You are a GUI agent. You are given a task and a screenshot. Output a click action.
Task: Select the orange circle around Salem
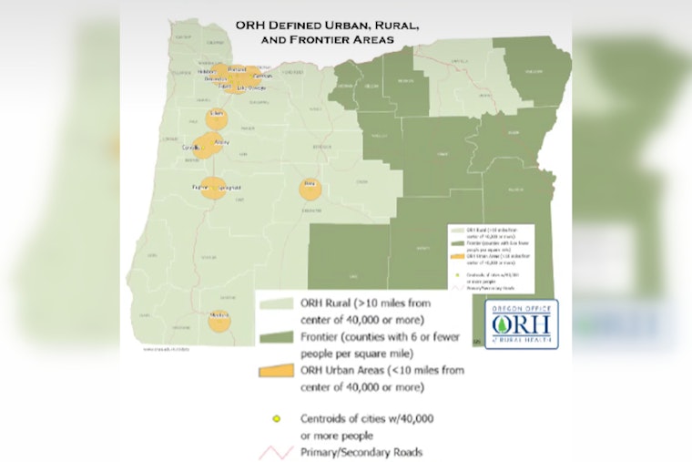point(216,118)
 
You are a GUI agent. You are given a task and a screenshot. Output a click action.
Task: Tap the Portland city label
point(235,69)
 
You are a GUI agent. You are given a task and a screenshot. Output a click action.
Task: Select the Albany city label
point(221,143)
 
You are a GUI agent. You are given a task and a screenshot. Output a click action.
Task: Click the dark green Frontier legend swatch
point(277,339)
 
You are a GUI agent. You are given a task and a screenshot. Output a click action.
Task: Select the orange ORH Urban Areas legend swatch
point(277,371)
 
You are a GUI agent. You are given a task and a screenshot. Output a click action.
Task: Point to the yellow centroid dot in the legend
point(277,419)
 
